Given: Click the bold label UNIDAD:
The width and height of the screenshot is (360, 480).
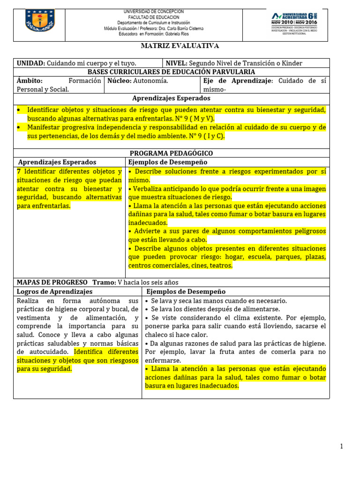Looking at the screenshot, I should (31, 63).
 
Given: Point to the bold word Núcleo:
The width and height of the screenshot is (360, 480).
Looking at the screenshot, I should (120, 81).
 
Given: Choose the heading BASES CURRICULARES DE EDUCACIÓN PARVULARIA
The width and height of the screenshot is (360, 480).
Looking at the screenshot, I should (172, 72).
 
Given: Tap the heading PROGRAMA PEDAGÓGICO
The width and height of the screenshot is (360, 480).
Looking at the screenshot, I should (171, 153).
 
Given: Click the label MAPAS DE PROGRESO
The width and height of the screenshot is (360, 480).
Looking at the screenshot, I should (52, 282).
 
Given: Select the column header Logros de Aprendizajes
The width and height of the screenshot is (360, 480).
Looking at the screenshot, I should (55, 292).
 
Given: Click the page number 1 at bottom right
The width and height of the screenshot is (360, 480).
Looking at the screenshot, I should (342, 446).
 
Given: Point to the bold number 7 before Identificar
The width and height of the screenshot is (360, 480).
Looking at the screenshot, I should (19, 172).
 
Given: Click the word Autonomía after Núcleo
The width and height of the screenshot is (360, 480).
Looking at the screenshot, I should (150, 81).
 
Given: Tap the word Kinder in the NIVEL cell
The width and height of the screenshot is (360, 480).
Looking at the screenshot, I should (292, 63).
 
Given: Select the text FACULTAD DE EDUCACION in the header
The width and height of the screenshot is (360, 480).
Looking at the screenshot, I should (153, 17).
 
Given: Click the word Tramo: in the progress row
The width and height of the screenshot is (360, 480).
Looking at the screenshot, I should (104, 282).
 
